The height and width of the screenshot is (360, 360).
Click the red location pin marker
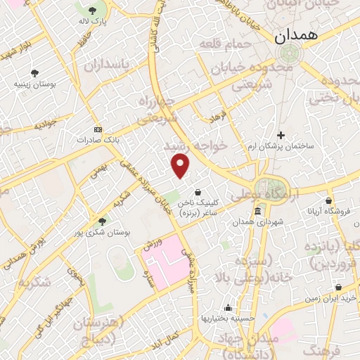(181, 167)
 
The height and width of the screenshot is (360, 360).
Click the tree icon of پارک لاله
(93, 10)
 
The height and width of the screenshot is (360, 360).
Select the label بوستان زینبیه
(34, 84)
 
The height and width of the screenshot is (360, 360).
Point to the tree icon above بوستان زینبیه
(34, 72)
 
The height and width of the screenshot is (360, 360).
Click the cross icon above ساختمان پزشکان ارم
(281, 134)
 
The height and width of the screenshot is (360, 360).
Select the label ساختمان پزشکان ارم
(281, 146)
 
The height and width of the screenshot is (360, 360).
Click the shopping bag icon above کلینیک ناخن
(198, 191)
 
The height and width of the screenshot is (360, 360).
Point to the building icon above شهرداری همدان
(257, 211)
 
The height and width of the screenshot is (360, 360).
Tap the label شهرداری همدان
(257, 222)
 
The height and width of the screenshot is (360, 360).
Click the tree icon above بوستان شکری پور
(102, 221)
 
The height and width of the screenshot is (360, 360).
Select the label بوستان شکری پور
(102, 232)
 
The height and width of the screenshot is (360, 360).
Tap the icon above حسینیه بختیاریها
(228, 307)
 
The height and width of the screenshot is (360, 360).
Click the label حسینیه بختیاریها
(228, 319)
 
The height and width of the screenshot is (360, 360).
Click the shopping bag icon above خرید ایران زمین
(339, 287)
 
